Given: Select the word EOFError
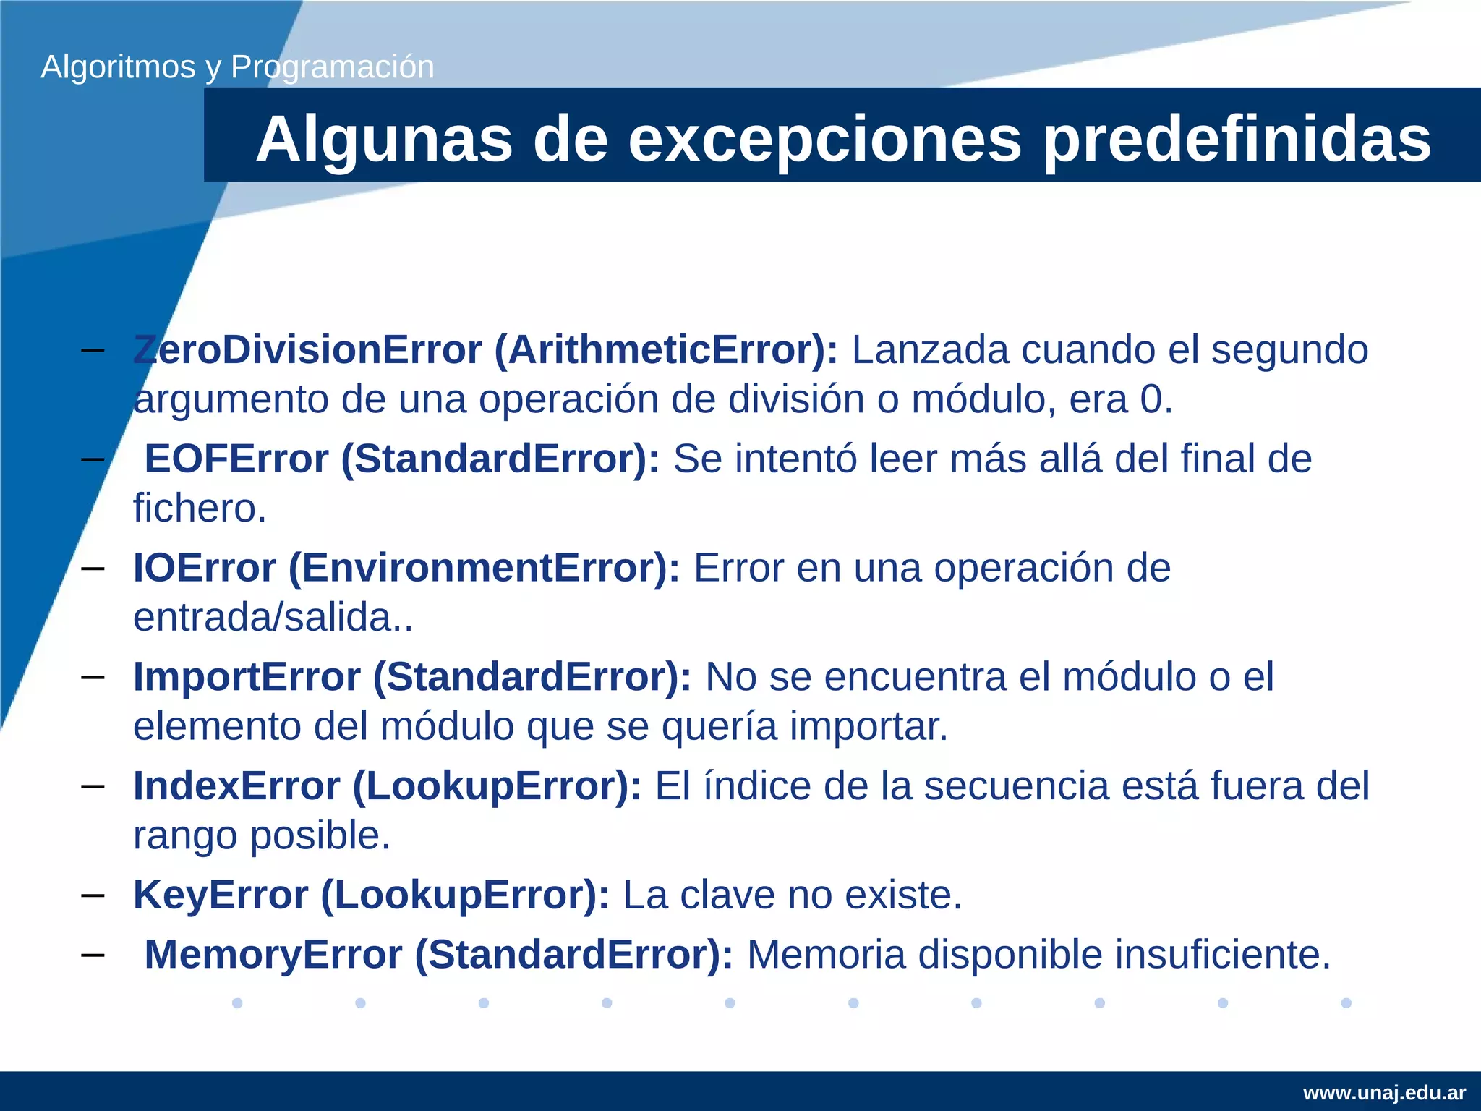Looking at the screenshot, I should (x=236, y=459).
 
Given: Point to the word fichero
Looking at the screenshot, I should (x=200, y=508).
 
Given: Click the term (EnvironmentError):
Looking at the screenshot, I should (x=484, y=569).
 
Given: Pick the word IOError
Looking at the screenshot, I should (x=205, y=569).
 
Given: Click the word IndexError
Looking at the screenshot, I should (x=236, y=786).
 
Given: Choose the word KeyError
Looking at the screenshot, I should (x=221, y=895).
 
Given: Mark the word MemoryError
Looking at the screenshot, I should (x=273, y=955).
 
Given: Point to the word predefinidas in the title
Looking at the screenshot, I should (x=1236, y=140).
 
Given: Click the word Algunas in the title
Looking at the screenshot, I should (x=384, y=140).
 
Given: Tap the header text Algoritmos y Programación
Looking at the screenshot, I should (x=237, y=67).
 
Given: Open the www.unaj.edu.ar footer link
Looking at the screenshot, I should (x=1384, y=1093).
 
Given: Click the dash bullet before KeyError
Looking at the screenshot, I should (x=93, y=895).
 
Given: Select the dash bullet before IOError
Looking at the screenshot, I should (x=93, y=569).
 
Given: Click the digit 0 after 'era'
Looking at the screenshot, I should (x=1151, y=400).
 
